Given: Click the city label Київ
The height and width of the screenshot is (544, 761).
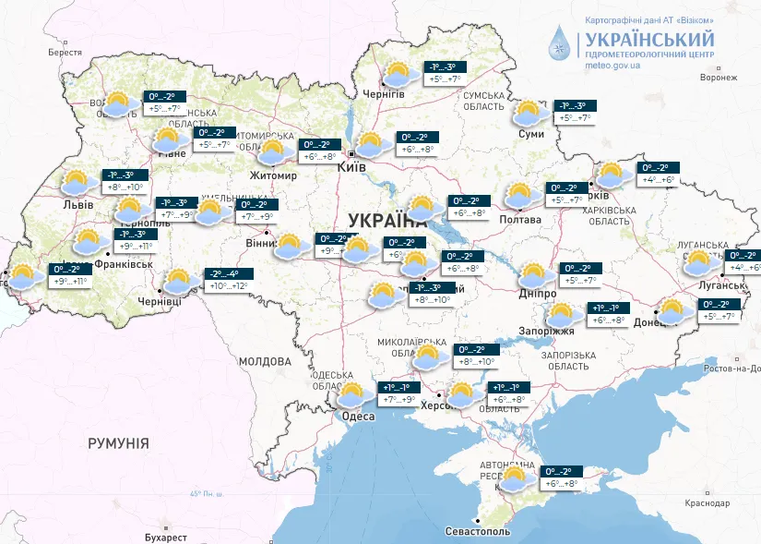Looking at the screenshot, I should click(x=352, y=167).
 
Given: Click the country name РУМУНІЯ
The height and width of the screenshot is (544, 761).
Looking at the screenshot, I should click(x=118, y=443).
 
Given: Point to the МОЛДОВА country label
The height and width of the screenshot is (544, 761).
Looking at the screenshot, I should click(x=266, y=361).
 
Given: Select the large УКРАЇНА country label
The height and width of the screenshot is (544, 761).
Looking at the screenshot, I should click(x=387, y=220).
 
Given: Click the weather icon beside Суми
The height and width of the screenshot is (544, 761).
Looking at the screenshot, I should click(x=529, y=114).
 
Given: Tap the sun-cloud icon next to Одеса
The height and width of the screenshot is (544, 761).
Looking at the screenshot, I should click(x=351, y=395).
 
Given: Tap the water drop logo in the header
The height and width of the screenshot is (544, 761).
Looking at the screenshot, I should click(x=562, y=42).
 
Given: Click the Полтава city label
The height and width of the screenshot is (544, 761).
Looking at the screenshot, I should click(x=522, y=219).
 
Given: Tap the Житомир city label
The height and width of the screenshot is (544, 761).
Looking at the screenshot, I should click(x=273, y=175).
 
